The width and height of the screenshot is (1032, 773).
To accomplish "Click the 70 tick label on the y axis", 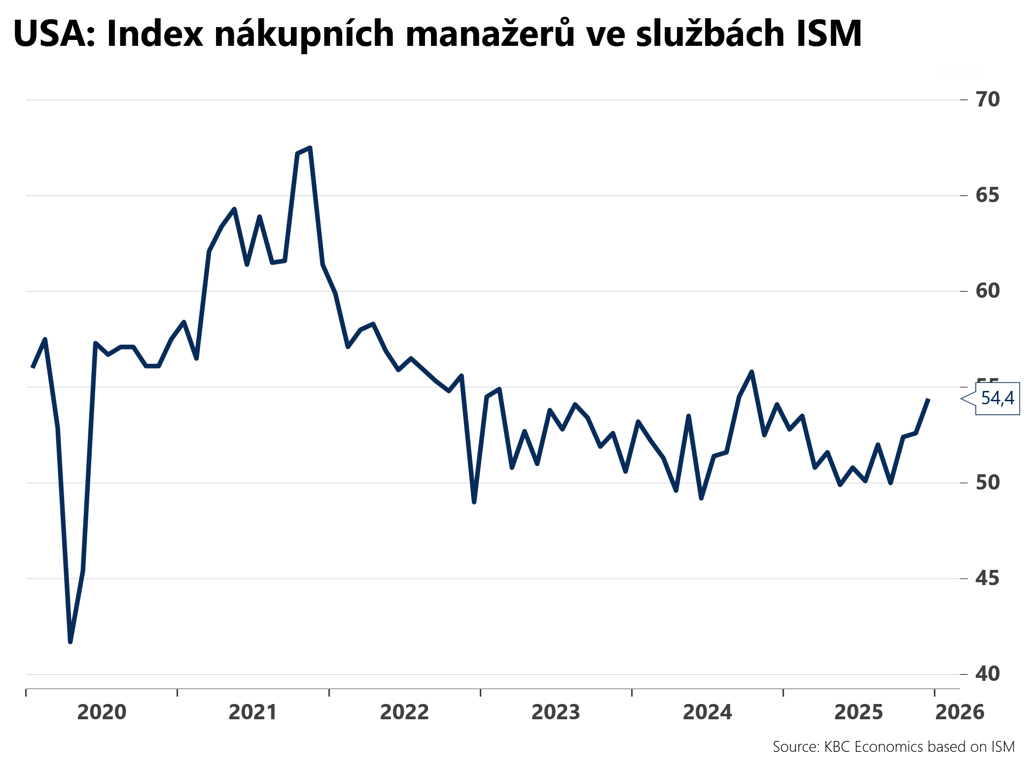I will [988, 100].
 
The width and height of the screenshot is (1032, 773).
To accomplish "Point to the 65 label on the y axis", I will [988, 196].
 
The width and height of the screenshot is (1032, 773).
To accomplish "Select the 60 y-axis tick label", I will [988, 291].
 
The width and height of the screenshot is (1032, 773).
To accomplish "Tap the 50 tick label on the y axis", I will [988, 483].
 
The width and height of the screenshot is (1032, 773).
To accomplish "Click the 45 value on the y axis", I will [988, 578].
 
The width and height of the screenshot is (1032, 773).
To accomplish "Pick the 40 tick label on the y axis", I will [988, 674].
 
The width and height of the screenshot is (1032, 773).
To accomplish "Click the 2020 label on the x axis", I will [102, 712].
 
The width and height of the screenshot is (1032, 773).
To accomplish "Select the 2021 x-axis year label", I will [253, 712].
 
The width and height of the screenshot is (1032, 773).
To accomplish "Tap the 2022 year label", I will [404, 712].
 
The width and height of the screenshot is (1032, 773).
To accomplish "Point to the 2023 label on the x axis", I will [556, 712].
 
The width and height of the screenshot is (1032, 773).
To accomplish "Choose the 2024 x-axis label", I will [707, 712].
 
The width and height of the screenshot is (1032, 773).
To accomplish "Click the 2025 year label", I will [858, 712].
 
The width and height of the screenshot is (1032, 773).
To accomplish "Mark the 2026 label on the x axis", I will [960, 712].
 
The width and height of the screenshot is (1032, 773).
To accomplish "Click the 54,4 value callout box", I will [997, 398].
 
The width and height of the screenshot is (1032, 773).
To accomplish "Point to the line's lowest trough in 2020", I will [70, 642].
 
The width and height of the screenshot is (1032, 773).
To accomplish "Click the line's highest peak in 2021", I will [310, 148].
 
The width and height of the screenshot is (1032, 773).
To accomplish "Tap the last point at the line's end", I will [928, 399].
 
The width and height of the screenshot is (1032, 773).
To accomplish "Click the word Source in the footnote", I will [795, 747].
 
